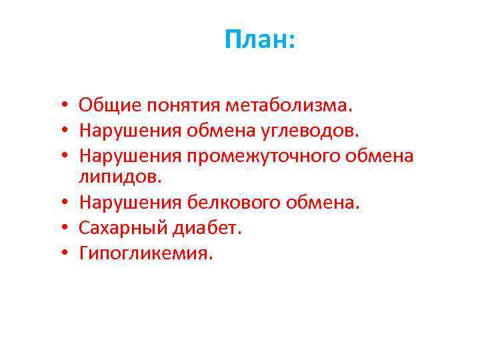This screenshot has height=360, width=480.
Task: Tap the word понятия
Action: click(182, 105)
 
